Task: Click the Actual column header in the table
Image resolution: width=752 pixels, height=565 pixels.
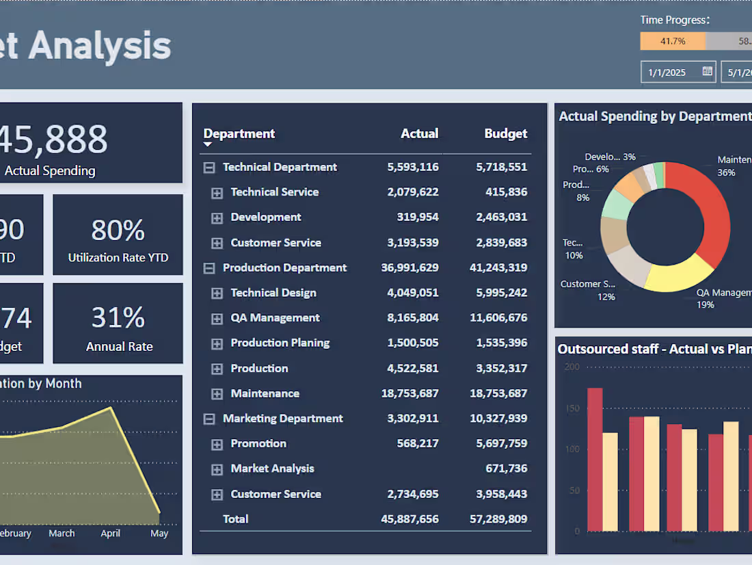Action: pyautogui.click(x=419, y=133)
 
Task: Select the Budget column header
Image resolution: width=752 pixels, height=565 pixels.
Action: pyautogui.click(x=505, y=133)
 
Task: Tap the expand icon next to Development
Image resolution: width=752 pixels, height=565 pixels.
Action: pyautogui.click(x=217, y=218)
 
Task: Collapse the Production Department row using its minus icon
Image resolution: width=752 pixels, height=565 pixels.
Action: pyautogui.click(x=209, y=268)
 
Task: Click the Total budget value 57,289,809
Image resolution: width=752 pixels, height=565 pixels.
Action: pyautogui.click(x=498, y=519)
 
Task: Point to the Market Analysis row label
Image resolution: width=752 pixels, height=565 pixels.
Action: pyautogui.click(x=272, y=469)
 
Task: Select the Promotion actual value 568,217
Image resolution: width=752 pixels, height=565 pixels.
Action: pyautogui.click(x=417, y=443)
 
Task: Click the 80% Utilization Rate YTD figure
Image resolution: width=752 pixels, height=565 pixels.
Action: pyautogui.click(x=118, y=231)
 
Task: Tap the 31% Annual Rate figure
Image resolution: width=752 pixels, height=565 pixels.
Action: pyautogui.click(x=118, y=318)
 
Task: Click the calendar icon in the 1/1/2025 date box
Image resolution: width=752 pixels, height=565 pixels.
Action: pyautogui.click(x=708, y=71)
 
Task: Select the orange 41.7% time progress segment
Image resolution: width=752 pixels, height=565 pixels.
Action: pyautogui.click(x=672, y=41)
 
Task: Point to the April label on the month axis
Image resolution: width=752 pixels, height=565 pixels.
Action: pyautogui.click(x=110, y=534)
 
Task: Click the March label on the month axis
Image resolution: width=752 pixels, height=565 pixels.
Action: pyautogui.click(x=62, y=534)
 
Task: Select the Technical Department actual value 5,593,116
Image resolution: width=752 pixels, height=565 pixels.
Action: pyautogui.click(x=412, y=167)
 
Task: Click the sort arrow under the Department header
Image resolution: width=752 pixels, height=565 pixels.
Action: pyautogui.click(x=208, y=145)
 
